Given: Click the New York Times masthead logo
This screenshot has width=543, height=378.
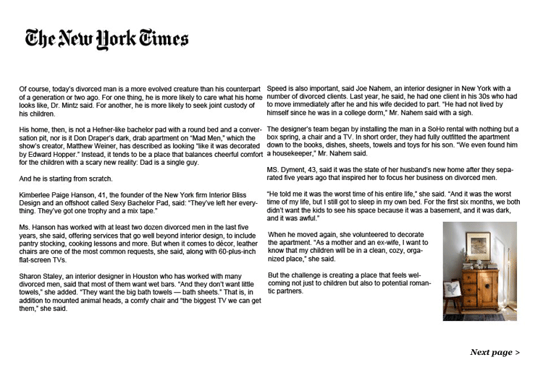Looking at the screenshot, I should [x=107, y=39].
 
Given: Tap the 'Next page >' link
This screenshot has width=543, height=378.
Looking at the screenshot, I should [x=494, y=352].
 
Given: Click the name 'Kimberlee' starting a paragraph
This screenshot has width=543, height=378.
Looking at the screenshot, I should [x=36, y=195].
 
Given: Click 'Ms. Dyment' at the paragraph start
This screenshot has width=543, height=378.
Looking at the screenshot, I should [x=285, y=169].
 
